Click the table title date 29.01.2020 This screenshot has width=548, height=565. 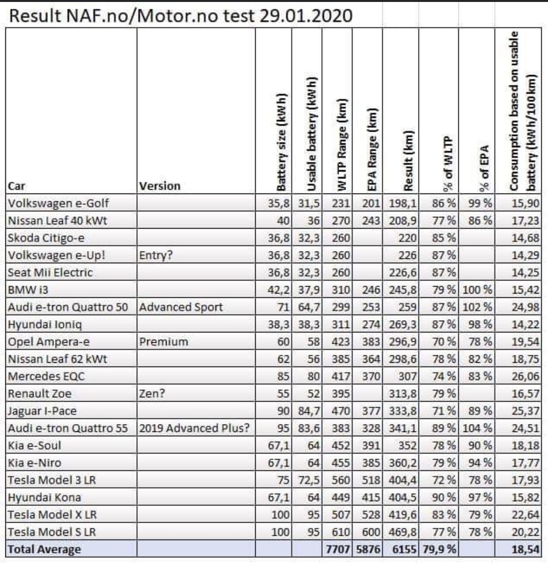coord(306,16)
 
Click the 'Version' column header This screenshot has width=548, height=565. coord(160,186)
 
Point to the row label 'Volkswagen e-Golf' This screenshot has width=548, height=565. coord(58,203)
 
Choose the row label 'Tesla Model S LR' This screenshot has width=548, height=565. coord(52,532)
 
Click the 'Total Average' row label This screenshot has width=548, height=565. coord(44,549)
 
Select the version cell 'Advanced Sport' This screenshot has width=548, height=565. coord(181,307)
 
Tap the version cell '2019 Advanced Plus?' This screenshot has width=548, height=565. coord(194,429)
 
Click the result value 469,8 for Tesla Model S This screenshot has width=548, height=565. coord(403,532)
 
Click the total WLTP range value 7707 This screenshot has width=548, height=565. coord(338,549)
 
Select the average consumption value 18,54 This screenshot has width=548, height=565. coord(526,549)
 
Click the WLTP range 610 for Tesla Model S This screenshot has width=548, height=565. coord(341,532)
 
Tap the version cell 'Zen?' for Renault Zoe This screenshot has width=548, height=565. coord(152,393)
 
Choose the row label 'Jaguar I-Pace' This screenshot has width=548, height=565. coord(42,411)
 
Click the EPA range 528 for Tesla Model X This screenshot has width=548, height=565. coord(371,515)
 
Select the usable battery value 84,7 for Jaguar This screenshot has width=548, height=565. coord(309,411)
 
